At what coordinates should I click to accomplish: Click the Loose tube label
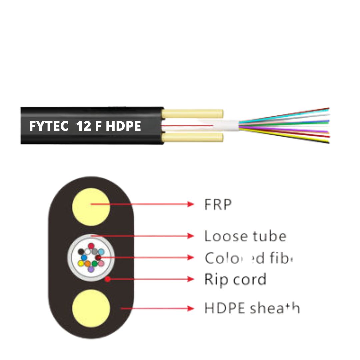[245, 236]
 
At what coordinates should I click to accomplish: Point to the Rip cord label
[235, 279]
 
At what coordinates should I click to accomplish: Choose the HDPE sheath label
[252, 308]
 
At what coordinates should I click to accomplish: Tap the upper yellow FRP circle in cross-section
[91, 207]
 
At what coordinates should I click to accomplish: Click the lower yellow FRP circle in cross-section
[91, 308]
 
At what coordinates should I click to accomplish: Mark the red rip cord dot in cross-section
[107, 279]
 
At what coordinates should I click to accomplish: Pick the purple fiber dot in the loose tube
[91, 269]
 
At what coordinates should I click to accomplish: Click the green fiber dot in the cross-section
[95, 264]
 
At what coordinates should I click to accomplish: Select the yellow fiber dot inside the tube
[81, 263]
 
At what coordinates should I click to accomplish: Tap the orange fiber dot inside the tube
[88, 264]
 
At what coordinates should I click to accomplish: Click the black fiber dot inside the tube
[81, 252]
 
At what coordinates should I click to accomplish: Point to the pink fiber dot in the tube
[101, 263]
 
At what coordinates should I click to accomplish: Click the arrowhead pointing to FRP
[191, 204]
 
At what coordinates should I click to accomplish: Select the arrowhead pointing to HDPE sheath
[191, 308]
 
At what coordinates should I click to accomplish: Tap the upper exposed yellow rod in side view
[193, 114]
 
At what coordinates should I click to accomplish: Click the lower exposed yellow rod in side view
[193, 137]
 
